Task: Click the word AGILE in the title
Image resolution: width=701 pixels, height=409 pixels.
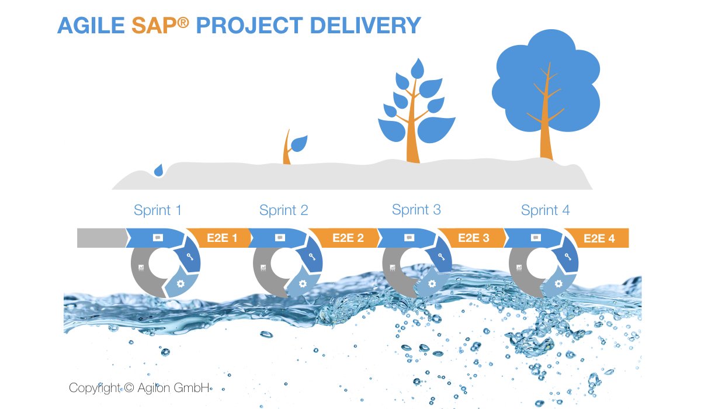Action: [x=91, y=26]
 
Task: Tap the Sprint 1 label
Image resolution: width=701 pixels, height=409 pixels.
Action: [x=157, y=210]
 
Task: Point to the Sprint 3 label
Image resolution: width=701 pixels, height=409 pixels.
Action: [x=416, y=209]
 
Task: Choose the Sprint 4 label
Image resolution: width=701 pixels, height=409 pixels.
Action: [x=545, y=210]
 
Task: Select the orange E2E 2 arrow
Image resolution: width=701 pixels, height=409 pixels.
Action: [x=346, y=238]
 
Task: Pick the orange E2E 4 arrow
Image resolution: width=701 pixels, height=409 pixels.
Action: [x=598, y=238]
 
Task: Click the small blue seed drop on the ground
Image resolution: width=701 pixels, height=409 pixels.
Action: [x=158, y=170]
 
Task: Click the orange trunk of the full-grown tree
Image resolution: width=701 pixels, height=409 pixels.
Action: [x=546, y=129]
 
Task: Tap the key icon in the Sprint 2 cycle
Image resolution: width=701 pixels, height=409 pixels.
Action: [x=314, y=257]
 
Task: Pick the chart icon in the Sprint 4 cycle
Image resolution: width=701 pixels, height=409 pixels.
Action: [x=519, y=268]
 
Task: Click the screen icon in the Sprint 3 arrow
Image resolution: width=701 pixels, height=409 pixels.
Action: [x=409, y=237]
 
